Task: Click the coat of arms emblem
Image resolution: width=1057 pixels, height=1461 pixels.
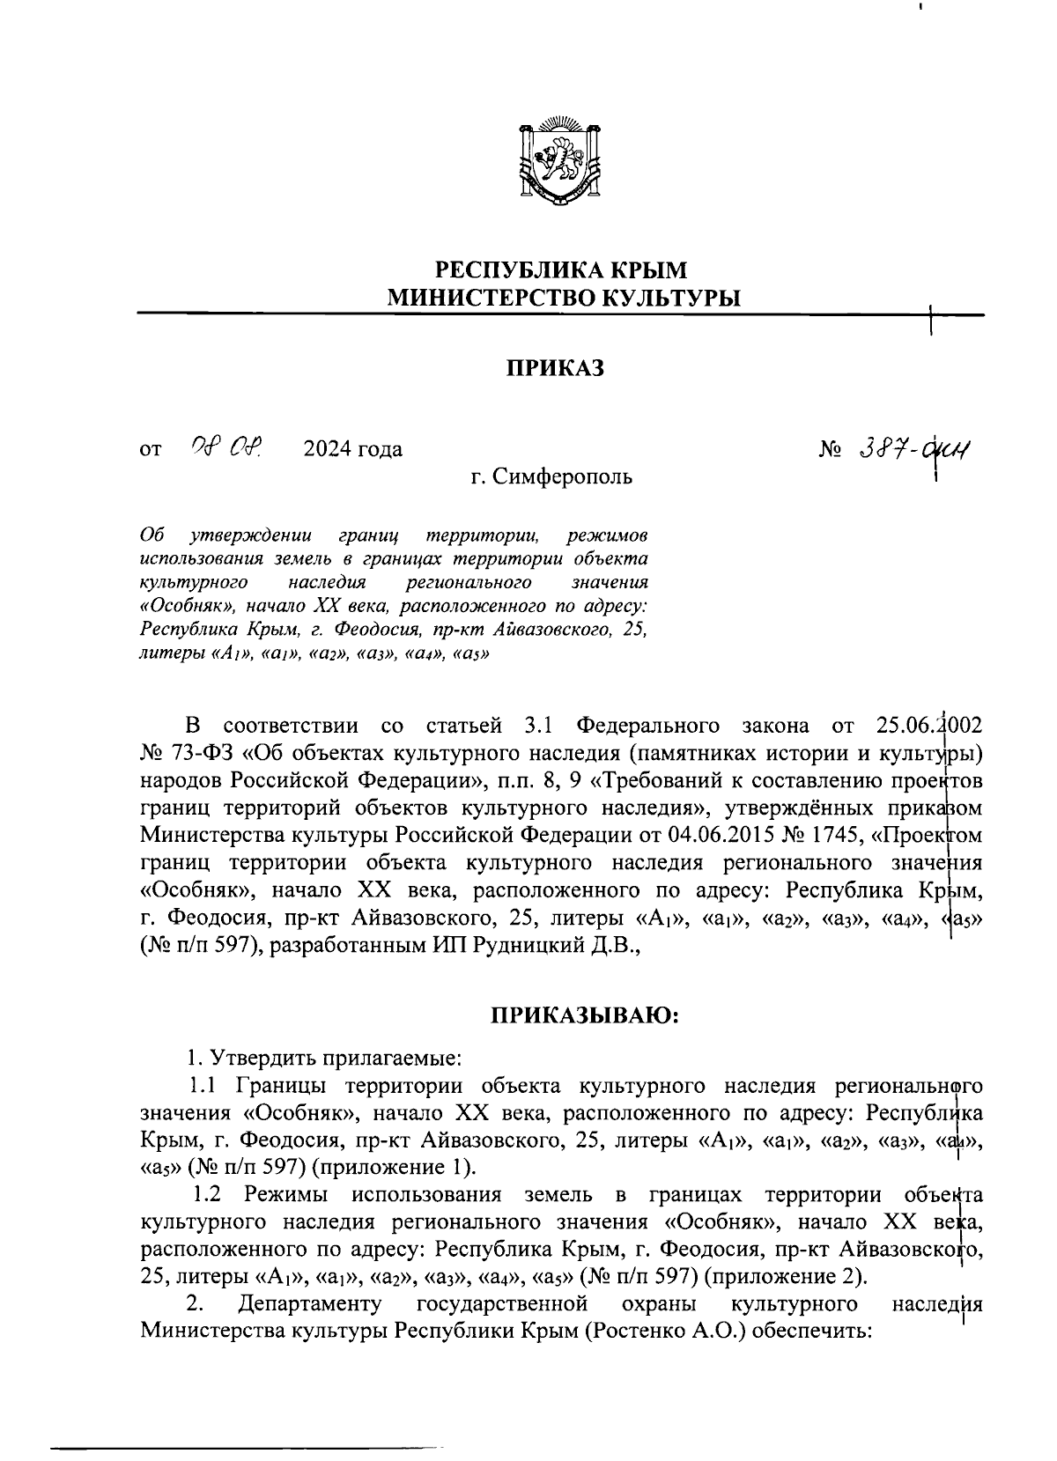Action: coord(558,158)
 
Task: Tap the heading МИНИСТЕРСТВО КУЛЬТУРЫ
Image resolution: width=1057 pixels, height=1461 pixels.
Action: coord(565,298)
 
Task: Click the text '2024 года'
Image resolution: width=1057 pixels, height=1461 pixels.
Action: coord(352,449)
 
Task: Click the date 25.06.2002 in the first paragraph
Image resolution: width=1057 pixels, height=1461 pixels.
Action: coord(929,727)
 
